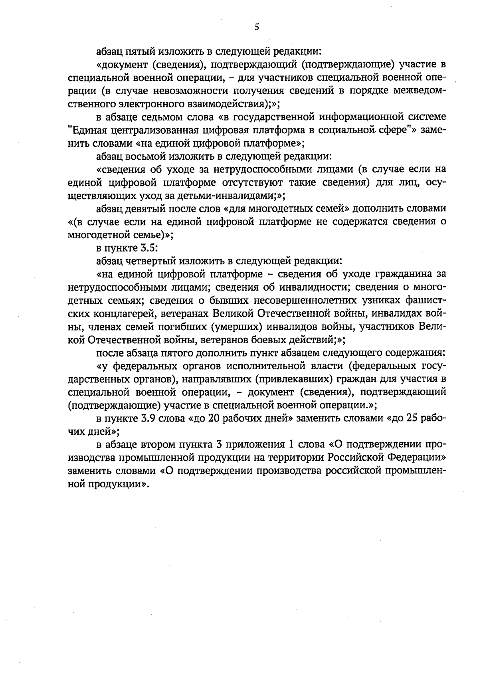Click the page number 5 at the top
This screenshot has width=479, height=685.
257,27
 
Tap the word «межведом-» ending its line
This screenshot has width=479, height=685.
420,91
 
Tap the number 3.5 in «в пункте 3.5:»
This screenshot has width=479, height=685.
150,248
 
